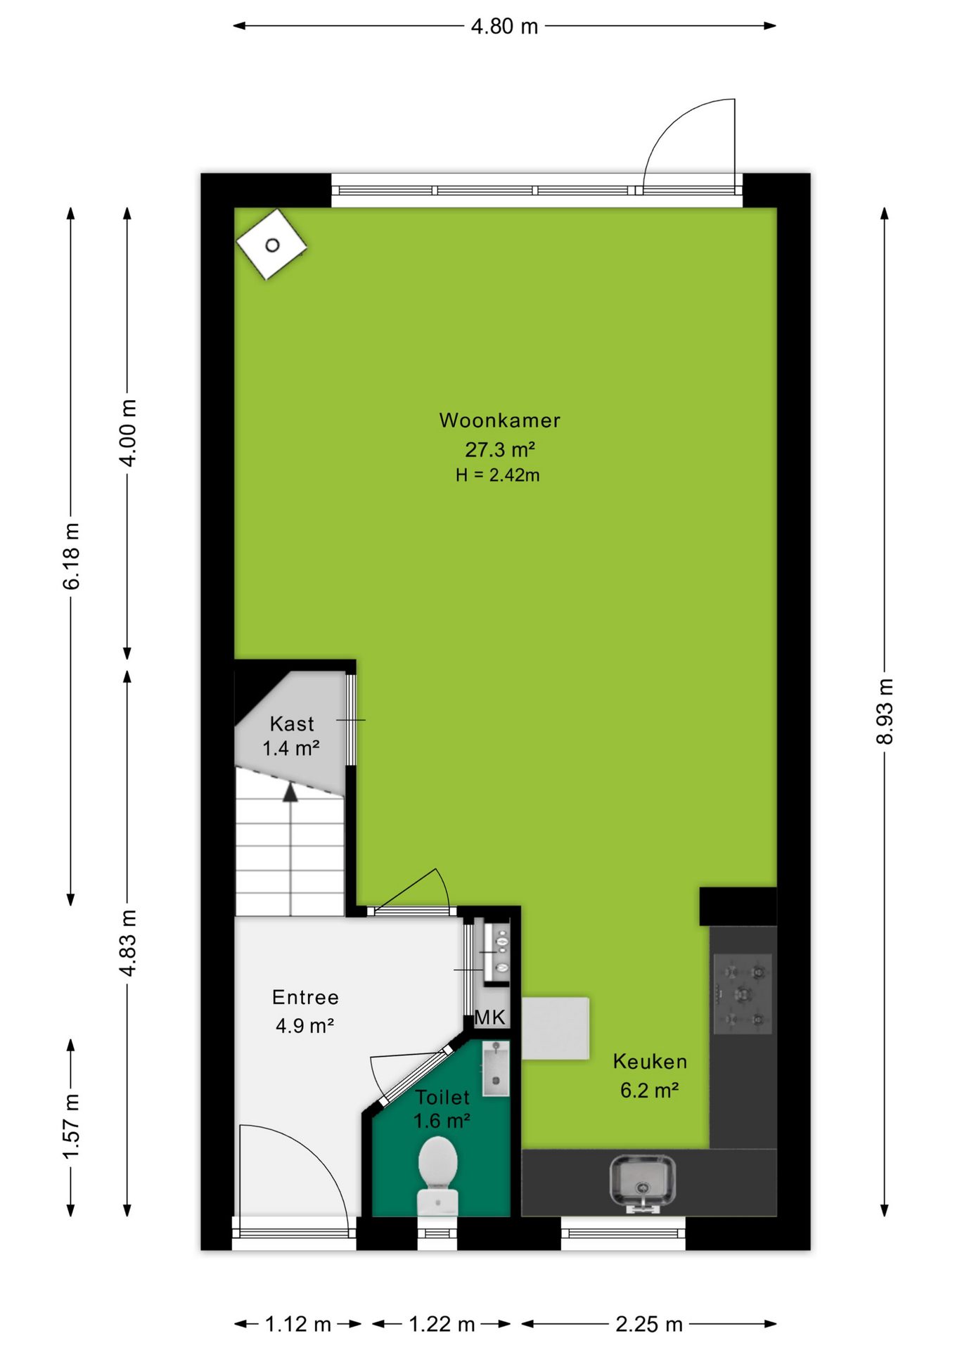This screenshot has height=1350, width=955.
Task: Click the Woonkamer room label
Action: [499, 420]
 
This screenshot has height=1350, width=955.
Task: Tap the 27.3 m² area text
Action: [499, 449]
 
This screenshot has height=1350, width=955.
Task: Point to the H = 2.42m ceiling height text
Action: [497, 475]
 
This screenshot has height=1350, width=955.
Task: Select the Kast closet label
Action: [291, 724]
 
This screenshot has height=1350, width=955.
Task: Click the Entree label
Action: [305, 997]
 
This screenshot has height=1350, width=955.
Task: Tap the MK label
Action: [490, 1017]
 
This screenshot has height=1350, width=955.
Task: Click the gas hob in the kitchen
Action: [743, 994]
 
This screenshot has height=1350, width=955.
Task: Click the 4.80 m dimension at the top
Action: [504, 26]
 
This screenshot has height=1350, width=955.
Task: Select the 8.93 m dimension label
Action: [885, 711]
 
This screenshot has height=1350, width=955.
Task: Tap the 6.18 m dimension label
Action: [71, 556]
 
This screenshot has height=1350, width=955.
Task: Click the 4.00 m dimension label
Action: [128, 432]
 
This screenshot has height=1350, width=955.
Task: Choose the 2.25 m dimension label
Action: [649, 1324]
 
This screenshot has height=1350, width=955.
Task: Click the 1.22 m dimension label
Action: [442, 1324]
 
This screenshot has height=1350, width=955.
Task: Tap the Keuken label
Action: [650, 1061]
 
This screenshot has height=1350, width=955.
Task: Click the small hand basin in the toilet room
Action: [495, 1068]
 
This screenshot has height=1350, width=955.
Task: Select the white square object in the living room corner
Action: [271, 245]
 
